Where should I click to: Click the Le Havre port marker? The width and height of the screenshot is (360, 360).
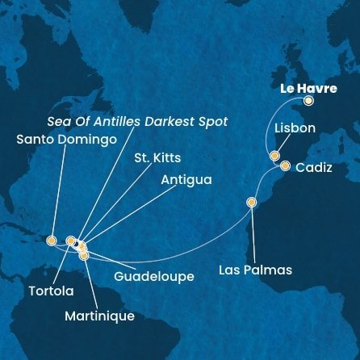pos(308,101)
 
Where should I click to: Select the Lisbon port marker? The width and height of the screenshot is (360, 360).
pos(274,156)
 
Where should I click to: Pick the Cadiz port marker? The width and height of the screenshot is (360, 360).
pos(285,166)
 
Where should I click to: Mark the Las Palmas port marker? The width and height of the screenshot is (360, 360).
pos(252,203)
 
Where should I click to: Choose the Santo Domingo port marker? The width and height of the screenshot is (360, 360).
pos(51,240)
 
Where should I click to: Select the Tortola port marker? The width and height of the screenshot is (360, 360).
pos(70,241)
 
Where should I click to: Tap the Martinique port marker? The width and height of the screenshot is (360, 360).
pos(85,256)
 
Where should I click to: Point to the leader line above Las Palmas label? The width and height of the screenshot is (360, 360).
pos(253,234)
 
